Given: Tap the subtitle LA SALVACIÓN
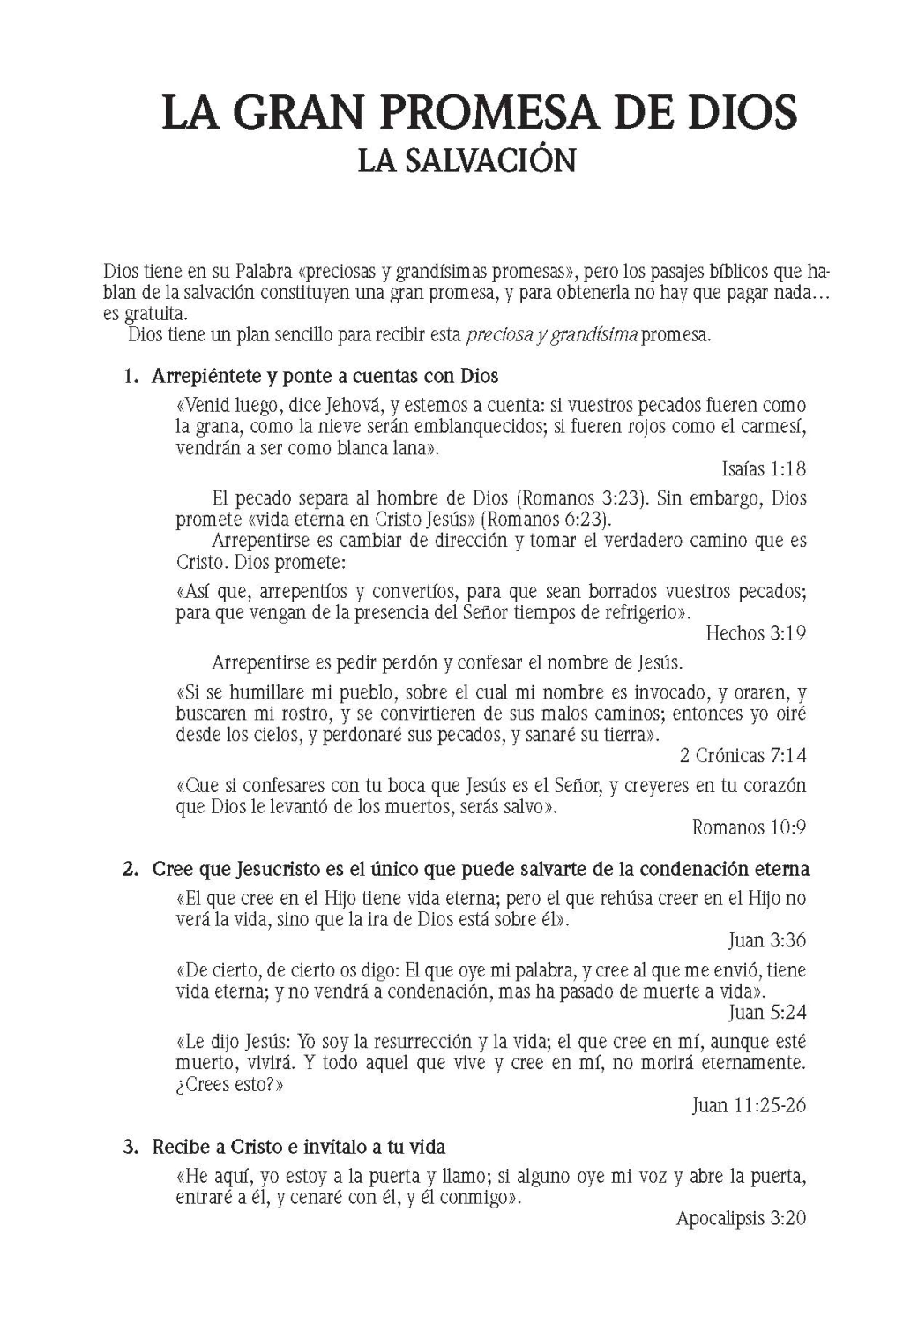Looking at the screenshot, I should [466, 160].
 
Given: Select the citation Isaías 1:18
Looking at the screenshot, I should [763, 469].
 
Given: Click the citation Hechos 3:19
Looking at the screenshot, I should [756, 632].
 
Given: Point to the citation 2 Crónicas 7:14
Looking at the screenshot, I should [743, 755].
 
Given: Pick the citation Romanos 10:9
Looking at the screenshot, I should [749, 827].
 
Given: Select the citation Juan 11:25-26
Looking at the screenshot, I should [748, 1105].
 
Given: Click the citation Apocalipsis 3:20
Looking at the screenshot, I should [741, 1218].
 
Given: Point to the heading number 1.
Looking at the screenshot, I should [131, 377].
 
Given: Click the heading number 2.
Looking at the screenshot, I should [131, 869].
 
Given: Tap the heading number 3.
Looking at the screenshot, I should [131, 1147].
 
